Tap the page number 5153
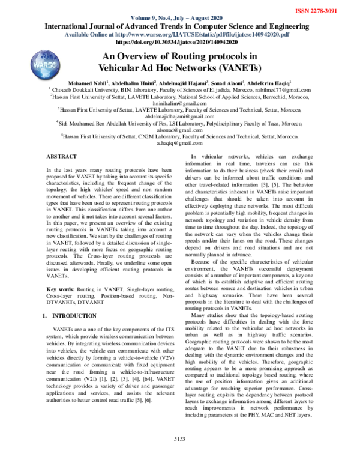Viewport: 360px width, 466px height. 179,455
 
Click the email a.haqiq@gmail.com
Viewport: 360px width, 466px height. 179,144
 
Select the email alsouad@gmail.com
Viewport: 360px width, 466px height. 179,129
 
